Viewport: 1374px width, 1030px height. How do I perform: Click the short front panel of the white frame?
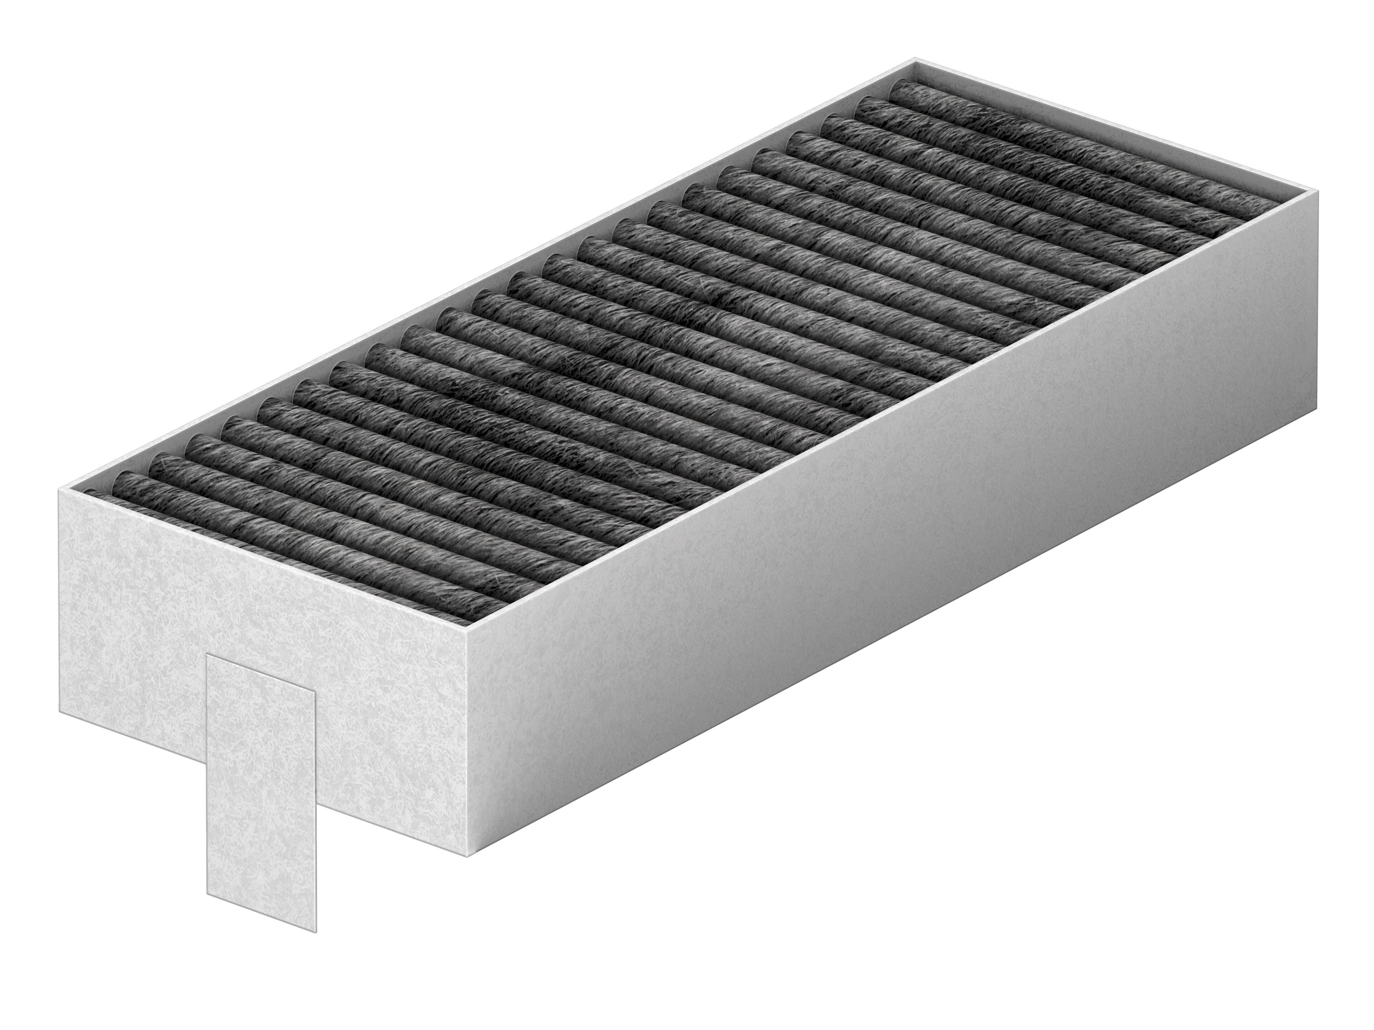(x=261, y=628)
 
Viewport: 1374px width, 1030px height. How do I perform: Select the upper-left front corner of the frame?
(x=59, y=489)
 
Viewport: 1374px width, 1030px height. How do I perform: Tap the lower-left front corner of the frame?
(x=60, y=713)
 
